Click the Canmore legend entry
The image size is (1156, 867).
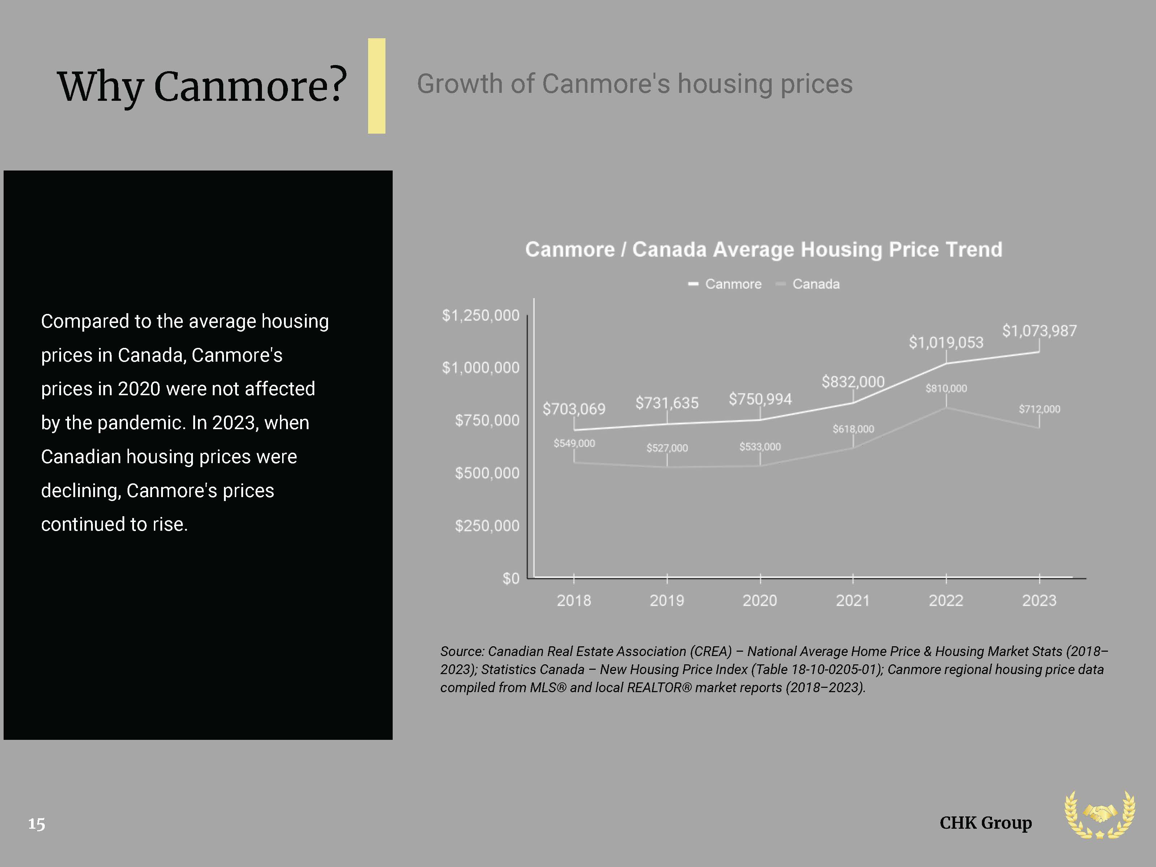coord(725,284)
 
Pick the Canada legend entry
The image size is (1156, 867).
coord(808,284)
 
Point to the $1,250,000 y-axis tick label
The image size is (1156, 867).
coord(481,315)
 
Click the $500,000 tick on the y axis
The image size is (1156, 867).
coord(487,473)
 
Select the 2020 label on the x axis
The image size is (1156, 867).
coord(760,600)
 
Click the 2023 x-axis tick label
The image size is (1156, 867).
coord(1039,600)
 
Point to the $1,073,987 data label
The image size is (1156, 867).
coord(1039,331)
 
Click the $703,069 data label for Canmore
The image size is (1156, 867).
coord(574,409)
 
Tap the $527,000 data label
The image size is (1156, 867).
coord(667,448)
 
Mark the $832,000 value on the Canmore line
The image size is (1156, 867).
coord(853,381)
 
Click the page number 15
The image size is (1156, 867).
coord(36,824)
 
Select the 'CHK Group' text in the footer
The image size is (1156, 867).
coord(985,823)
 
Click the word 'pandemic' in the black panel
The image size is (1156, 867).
coord(142,423)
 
